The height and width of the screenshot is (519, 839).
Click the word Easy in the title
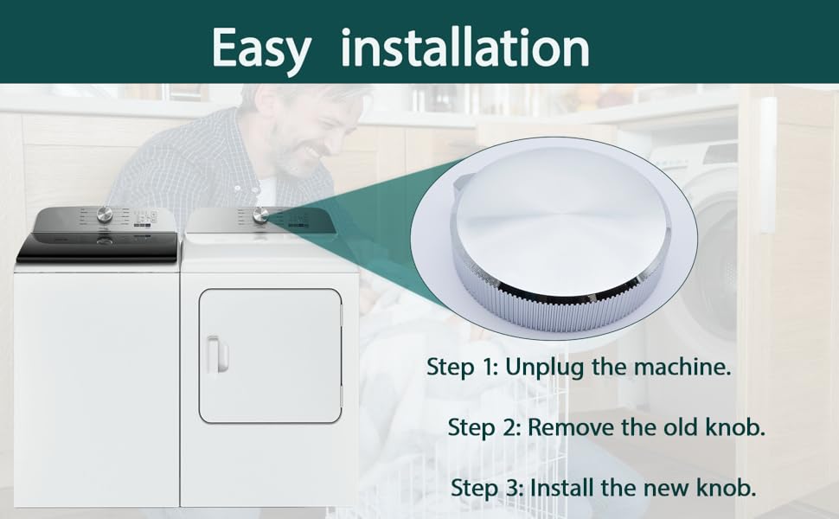(x=259, y=48)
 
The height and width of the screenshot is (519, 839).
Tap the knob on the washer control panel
(x=105, y=215)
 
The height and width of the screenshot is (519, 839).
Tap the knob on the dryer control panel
(x=260, y=215)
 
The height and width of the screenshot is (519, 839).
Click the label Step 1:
(x=463, y=367)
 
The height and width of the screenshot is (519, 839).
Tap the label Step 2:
(x=484, y=427)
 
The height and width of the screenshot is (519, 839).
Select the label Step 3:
(x=488, y=487)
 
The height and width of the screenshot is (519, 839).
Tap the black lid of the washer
(x=97, y=247)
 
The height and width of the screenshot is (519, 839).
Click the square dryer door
(x=270, y=355)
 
